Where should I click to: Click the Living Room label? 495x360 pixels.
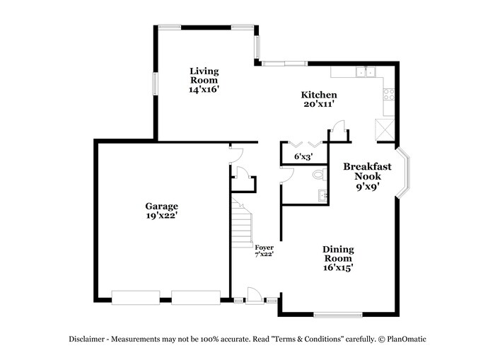204,80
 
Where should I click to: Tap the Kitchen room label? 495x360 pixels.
319,99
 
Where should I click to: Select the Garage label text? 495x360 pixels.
162,211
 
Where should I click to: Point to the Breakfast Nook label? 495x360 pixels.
363,176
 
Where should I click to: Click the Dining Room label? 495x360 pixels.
338,258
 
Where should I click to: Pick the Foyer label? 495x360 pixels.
264,250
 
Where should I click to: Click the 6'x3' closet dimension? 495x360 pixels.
303,156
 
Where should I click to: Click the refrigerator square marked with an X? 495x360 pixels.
386,130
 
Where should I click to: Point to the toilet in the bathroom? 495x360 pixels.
318,174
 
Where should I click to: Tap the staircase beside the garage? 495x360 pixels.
243,221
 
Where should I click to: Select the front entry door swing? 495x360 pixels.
254,295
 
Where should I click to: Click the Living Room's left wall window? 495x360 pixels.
156,82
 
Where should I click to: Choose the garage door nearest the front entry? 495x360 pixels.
196,297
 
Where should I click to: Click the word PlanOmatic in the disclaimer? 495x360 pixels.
406,339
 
